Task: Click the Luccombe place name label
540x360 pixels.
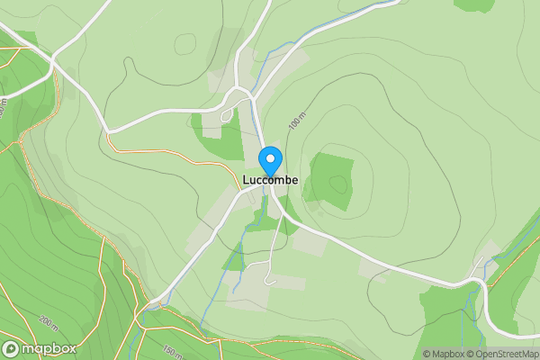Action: (x=270, y=180)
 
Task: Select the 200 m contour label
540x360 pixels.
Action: (x=48, y=321)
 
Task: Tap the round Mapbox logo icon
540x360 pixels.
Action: (x=12, y=348)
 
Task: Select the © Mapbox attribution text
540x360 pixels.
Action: (x=444, y=354)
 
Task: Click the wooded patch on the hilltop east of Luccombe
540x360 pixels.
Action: (x=331, y=180)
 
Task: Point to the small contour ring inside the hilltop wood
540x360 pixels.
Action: (x=338, y=184)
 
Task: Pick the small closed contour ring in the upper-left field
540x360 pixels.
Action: (x=186, y=44)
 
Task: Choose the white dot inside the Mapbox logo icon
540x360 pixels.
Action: (x=12, y=348)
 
